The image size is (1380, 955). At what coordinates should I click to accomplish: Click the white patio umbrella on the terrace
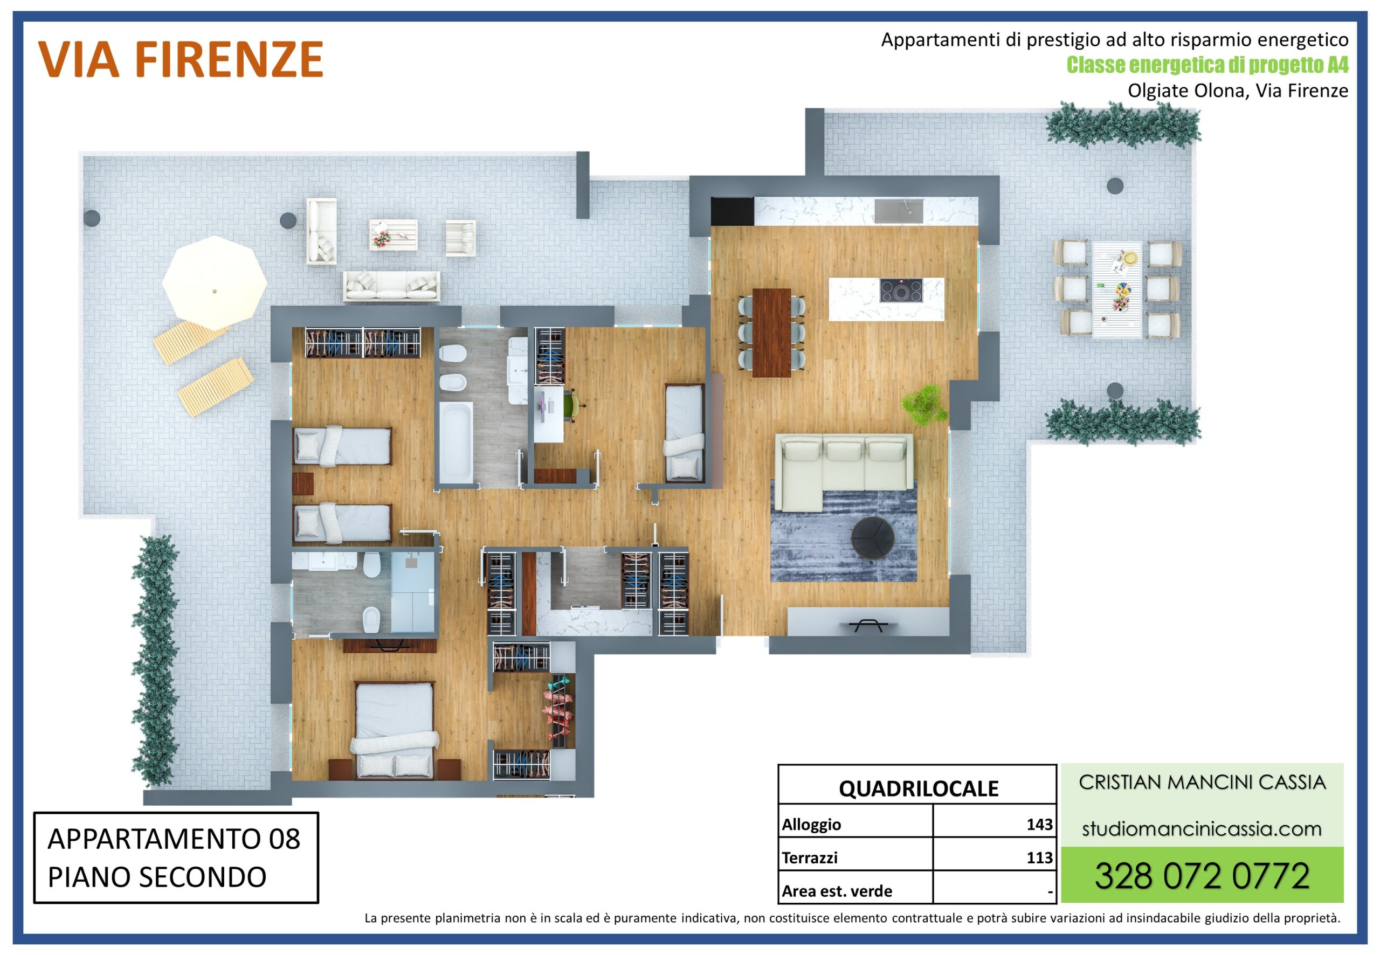pyautogui.click(x=214, y=282)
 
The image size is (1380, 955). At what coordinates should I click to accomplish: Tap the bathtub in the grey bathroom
pyautogui.click(x=456, y=441)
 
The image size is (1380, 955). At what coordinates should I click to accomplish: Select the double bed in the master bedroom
pyautogui.click(x=395, y=731)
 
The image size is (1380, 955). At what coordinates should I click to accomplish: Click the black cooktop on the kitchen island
pyautogui.click(x=901, y=292)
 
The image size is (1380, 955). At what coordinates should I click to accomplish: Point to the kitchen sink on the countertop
pyautogui.click(x=898, y=211)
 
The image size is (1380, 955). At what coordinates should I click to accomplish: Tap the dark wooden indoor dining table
pyautogui.click(x=771, y=333)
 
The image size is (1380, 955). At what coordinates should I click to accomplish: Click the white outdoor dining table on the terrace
pyautogui.click(x=1117, y=289)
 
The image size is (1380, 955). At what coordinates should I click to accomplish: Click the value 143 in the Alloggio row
pyautogui.click(x=1039, y=824)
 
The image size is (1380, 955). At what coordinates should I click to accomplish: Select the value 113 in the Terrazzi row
pyautogui.click(x=1039, y=857)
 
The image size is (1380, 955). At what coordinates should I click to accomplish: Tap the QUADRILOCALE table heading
pyautogui.click(x=918, y=788)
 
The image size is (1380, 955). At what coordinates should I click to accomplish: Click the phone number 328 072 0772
pyautogui.click(x=1202, y=876)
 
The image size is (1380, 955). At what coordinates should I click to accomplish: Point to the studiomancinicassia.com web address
pyautogui.click(x=1202, y=829)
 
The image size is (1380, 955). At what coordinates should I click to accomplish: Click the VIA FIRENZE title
pyautogui.click(x=181, y=60)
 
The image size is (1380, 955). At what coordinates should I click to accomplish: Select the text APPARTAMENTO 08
pyautogui.click(x=174, y=839)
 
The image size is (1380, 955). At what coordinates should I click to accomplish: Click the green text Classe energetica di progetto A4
pyautogui.click(x=1207, y=65)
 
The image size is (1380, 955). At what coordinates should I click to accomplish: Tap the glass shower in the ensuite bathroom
pyautogui.click(x=413, y=592)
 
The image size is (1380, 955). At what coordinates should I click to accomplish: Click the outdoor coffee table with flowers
pyautogui.click(x=393, y=234)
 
